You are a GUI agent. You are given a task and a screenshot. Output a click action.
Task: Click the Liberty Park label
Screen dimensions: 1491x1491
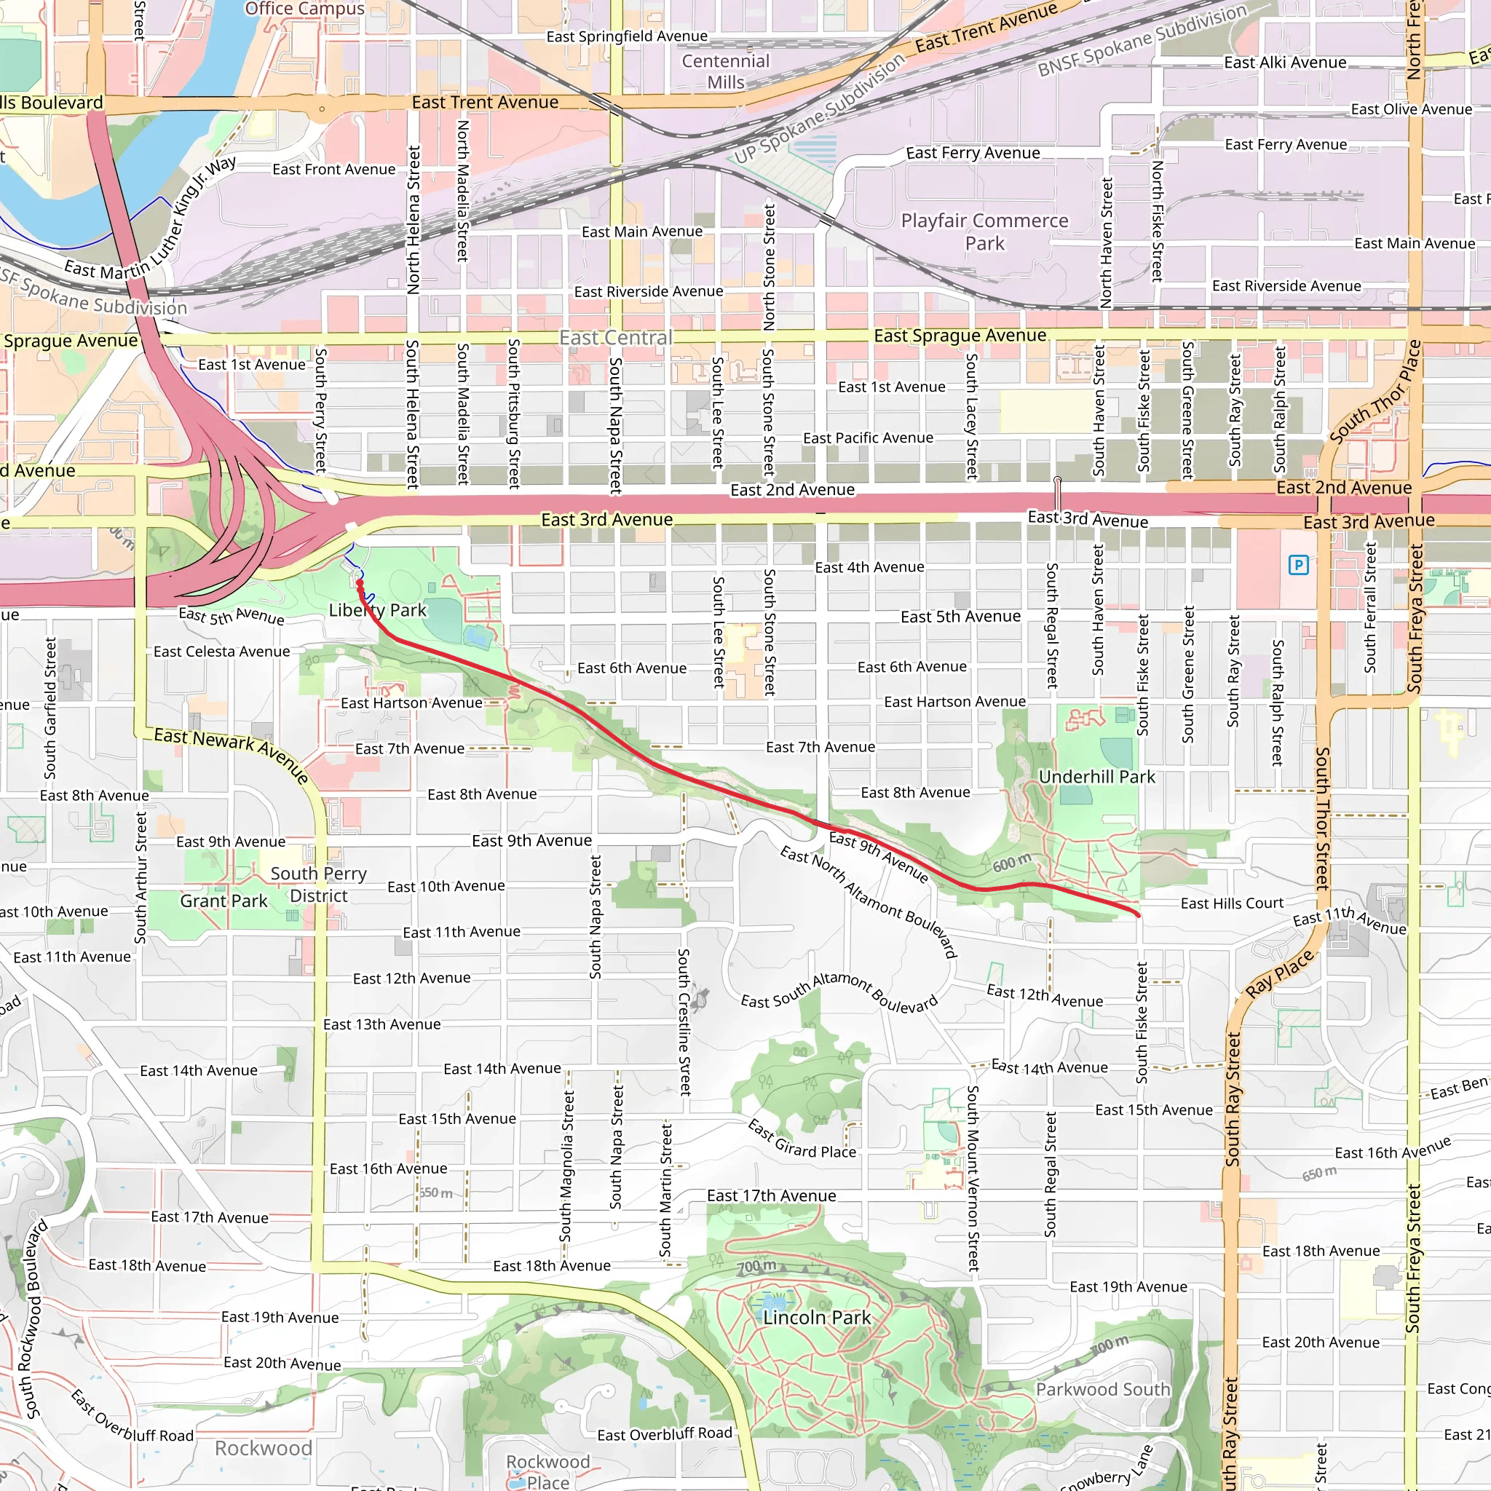coord(377,610)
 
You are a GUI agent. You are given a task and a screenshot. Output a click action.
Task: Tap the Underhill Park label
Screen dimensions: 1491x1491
coord(1096,777)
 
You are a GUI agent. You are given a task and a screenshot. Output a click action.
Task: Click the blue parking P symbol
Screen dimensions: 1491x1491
coord(1299,566)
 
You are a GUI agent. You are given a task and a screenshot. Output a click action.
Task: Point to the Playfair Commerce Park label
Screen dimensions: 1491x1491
coord(985,232)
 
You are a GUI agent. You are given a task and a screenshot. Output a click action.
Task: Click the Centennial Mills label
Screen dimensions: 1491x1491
coord(725,72)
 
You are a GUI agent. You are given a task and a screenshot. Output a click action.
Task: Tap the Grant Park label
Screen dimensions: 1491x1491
coord(224,901)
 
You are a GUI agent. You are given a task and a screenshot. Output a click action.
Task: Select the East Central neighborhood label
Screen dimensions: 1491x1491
coord(616,338)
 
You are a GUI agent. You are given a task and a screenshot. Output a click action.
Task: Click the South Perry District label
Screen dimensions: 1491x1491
coord(319,885)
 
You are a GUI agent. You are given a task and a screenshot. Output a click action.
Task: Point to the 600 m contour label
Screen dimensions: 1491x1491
coord(1012,863)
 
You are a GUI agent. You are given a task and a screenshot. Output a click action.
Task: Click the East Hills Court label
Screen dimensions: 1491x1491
coord(1232,903)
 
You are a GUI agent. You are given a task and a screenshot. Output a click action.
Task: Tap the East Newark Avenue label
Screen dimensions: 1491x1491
coord(232,755)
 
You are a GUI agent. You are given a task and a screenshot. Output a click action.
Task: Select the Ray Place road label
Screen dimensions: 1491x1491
coord(1280,974)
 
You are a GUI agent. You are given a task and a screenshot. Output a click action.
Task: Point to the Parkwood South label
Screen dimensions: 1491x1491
coord(1103,1390)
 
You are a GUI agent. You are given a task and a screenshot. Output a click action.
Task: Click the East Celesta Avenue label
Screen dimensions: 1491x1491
coord(221,652)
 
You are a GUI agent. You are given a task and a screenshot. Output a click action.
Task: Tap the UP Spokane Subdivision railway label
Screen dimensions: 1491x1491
coord(819,108)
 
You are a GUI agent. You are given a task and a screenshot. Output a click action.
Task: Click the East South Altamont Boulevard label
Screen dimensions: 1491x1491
coord(839,994)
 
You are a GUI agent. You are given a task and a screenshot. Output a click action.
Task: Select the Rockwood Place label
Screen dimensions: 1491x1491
coord(548,1471)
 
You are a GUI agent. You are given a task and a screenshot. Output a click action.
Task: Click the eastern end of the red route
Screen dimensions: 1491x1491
coord(1139,915)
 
